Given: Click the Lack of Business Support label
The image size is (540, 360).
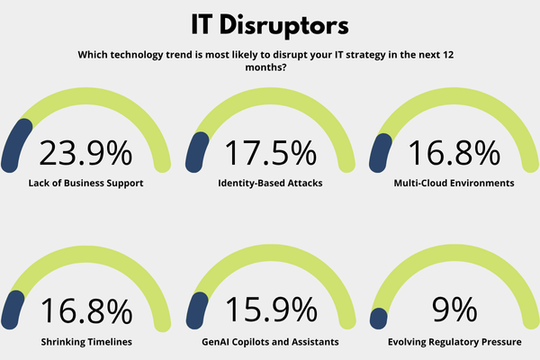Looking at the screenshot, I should [85, 183].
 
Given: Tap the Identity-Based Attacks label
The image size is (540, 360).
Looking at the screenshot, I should [270, 183].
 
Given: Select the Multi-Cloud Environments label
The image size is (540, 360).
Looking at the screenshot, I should [454, 183].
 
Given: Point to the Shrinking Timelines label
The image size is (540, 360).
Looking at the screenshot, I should [85, 342].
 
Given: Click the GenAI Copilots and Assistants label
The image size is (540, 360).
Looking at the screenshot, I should [270, 342].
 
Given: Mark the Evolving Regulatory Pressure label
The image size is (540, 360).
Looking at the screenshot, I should [454, 342].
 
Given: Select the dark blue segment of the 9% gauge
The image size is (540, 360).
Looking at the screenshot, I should [379, 318].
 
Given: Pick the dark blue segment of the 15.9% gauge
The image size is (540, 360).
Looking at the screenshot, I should [194, 310].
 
